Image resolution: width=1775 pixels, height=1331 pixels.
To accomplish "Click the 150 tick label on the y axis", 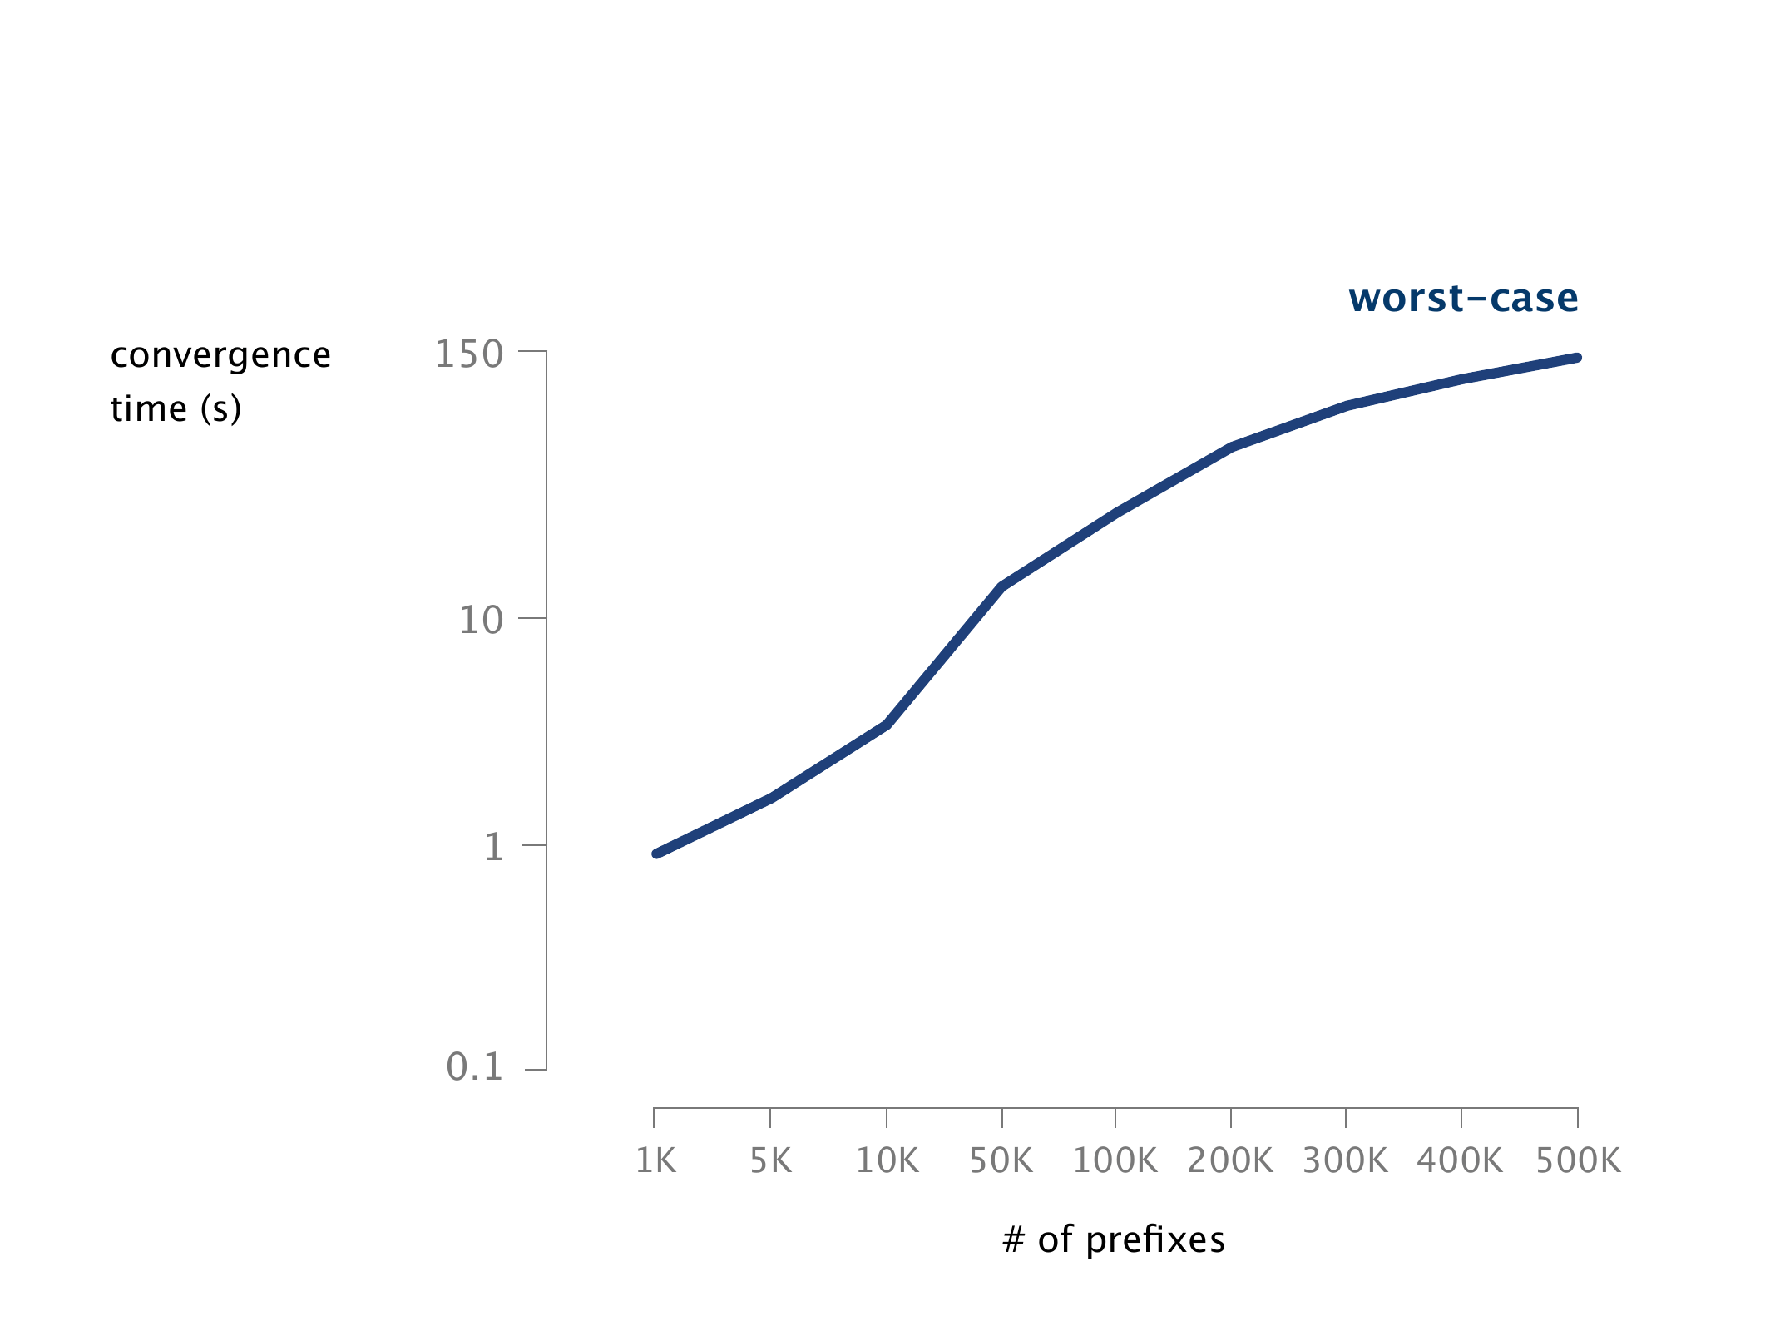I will coord(469,355).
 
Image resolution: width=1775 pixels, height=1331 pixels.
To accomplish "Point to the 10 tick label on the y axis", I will coord(482,621).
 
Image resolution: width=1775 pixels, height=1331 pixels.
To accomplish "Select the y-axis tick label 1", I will coord(494,847).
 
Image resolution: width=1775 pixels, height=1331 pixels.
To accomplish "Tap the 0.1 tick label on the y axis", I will coord(475,1067).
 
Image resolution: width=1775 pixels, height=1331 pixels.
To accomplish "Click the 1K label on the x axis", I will coord(655,1160).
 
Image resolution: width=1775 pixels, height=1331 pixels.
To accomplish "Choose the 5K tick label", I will coord(771,1160).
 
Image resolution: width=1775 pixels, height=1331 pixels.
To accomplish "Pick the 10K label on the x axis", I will coord(887,1160).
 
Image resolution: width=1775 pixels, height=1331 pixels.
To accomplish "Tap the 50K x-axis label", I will coord(1001,1160).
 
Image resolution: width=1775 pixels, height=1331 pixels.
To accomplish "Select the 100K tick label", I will coord(1115,1160).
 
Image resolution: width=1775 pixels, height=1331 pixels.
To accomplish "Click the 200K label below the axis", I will coord(1230,1160).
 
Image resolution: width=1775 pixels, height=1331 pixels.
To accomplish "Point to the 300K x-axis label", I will coord(1345,1160).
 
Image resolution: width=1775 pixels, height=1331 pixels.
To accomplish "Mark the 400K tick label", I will coord(1461,1160).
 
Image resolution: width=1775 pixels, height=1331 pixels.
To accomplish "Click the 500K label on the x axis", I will coord(1578,1160).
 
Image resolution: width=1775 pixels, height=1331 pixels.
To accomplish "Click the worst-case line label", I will coord(1463,299).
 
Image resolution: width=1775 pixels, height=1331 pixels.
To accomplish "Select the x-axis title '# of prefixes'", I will coord(1114,1239).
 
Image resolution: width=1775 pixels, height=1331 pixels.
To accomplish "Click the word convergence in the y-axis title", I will coord(220,356).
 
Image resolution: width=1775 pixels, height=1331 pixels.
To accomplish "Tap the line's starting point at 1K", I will coord(656,854).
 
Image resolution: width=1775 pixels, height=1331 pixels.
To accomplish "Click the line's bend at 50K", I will coord(1002,586).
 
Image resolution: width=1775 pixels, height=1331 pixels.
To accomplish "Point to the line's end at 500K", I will coord(1577,358).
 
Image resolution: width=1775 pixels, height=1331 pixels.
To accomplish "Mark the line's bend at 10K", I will coord(887,725).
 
